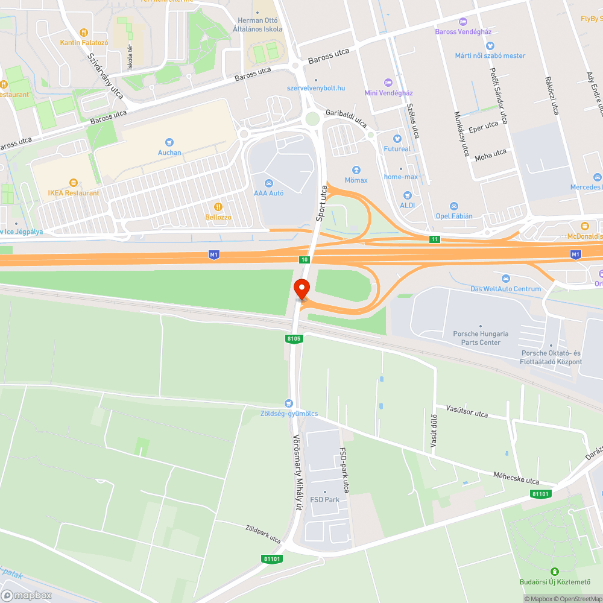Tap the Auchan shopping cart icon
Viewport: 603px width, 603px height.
[169, 142]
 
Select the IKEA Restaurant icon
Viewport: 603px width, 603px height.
[74, 183]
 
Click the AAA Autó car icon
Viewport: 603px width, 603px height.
[268, 183]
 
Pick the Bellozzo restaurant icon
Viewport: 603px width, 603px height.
[218, 207]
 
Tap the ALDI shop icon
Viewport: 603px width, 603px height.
[407, 195]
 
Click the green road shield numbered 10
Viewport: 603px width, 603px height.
[304, 259]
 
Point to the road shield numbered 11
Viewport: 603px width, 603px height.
[435, 239]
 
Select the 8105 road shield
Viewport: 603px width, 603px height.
[294, 339]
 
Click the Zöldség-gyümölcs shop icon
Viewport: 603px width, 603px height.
[288, 403]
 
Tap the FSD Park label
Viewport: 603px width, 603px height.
[324, 499]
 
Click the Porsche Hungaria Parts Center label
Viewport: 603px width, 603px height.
[481, 338]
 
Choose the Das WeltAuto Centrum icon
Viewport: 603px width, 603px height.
[505, 279]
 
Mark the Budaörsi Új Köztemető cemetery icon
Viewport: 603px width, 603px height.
[554, 571]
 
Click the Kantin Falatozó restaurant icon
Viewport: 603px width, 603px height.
[84, 33]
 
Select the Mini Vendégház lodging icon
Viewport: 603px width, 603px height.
[388, 83]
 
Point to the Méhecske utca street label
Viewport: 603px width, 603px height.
[516, 478]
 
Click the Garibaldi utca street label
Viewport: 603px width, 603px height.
[346, 118]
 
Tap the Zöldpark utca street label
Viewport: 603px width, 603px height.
[263, 534]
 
